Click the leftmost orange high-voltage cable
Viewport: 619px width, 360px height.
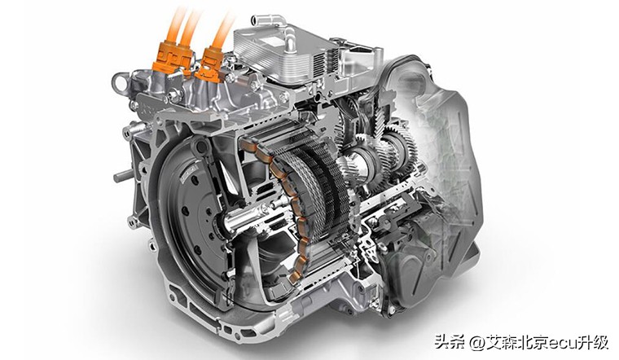click(174, 23)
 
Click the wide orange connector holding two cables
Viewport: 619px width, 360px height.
click(173, 57)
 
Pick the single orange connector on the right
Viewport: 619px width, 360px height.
click(210, 65)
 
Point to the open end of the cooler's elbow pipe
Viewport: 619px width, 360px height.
click(256, 19)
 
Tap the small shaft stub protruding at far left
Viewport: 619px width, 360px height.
click(123, 175)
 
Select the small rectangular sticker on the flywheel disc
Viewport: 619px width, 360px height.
click(190, 173)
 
